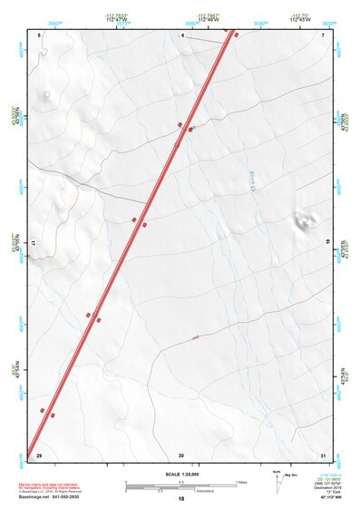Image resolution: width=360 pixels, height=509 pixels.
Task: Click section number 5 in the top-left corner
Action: [x=41, y=35]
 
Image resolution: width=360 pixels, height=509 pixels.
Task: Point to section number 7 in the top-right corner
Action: [x=323, y=35]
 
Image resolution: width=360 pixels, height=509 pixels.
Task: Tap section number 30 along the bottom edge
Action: [x=181, y=455]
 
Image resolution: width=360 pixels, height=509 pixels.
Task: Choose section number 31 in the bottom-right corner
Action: [x=323, y=455]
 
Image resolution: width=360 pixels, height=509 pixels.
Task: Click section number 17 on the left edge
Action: [x=34, y=244]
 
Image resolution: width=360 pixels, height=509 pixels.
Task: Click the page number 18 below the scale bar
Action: [x=181, y=499]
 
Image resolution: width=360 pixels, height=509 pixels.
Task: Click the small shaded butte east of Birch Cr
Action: [x=303, y=220]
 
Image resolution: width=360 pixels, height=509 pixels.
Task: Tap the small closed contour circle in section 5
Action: [x=47, y=94]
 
